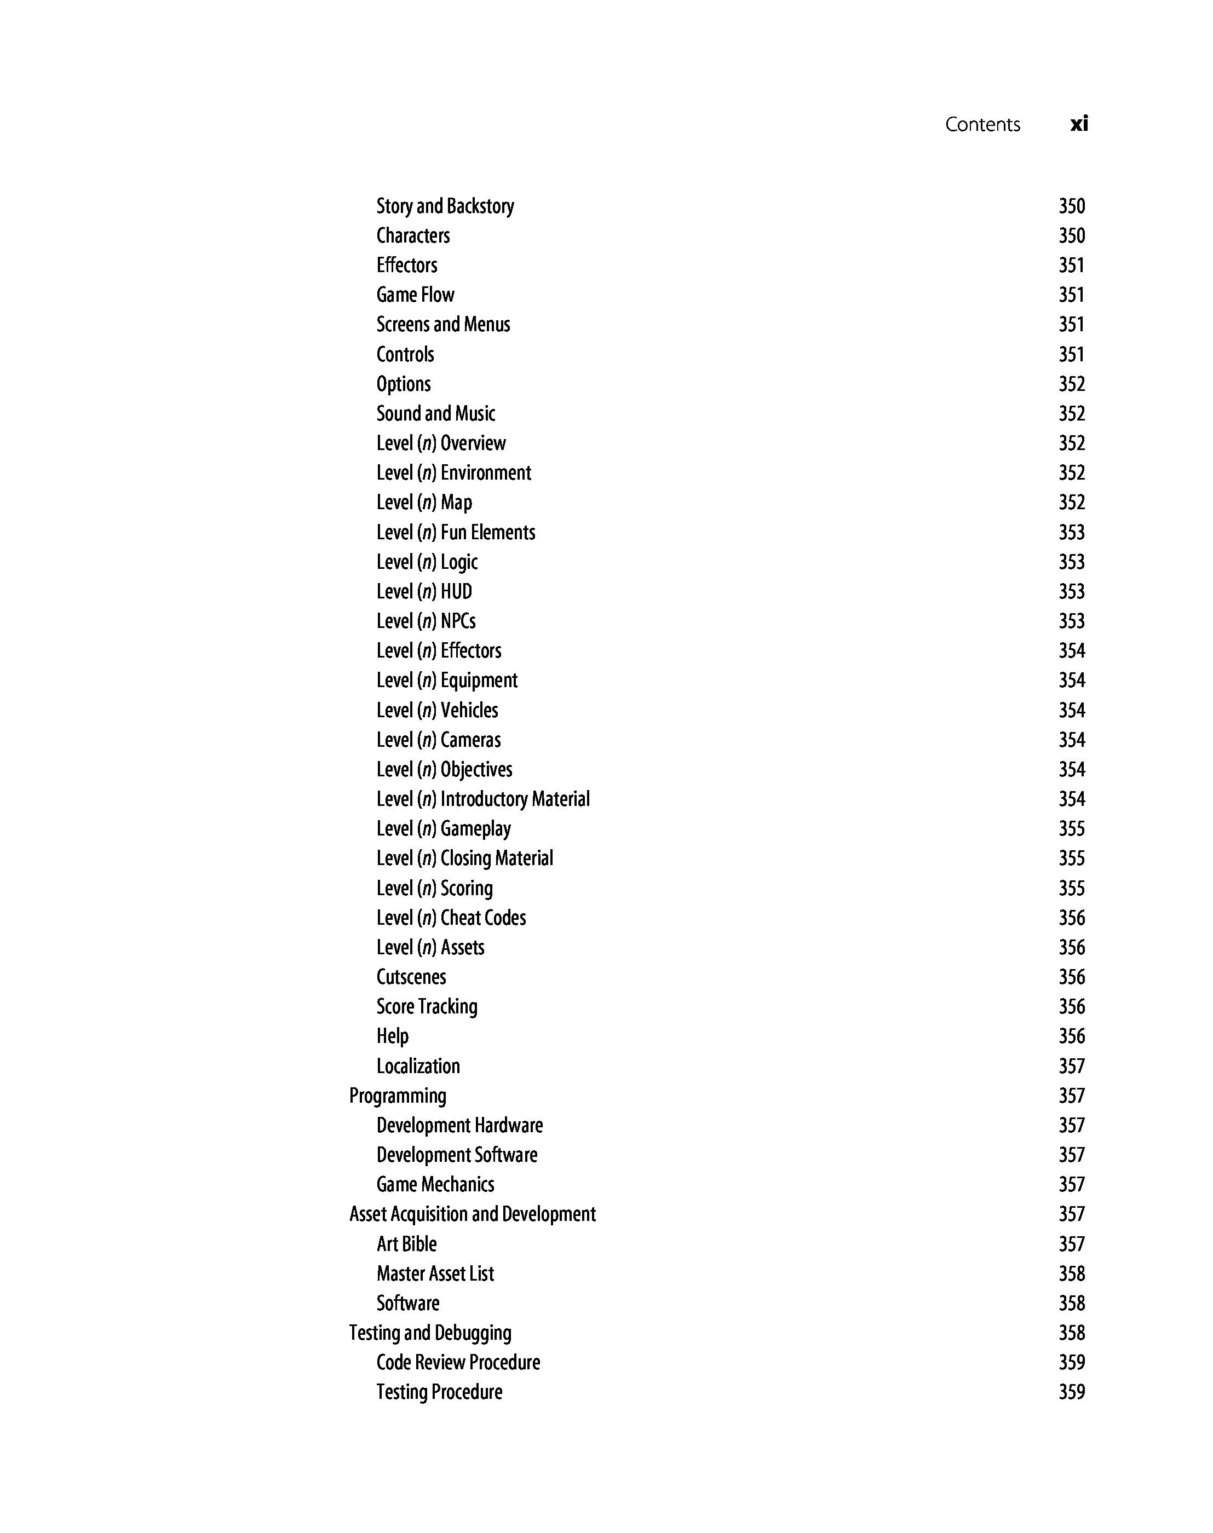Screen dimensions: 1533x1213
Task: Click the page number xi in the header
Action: pyautogui.click(x=1078, y=124)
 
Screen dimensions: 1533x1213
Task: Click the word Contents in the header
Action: pyautogui.click(x=982, y=125)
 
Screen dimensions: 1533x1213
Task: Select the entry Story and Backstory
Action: pyautogui.click(x=445, y=206)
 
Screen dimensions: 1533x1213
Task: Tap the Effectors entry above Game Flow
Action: pyautogui.click(x=406, y=265)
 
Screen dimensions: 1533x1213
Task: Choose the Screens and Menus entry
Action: pyautogui.click(x=442, y=325)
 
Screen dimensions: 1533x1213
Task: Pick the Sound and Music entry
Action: pyautogui.click(x=435, y=413)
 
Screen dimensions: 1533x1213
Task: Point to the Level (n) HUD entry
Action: pyautogui.click(x=424, y=591)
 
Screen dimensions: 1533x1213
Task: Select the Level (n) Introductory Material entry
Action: pyautogui.click(x=483, y=799)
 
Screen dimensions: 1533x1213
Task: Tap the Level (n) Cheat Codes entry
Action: pyautogui.click(x=451, y=918)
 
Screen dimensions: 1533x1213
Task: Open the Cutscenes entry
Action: pyautogui.click(x=411, y=977)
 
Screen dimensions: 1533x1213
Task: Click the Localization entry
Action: pyautogui.click(x=418, y=1066)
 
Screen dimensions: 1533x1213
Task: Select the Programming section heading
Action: pyautogui.click(x=398, y=1096)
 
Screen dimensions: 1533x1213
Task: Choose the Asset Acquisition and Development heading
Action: pyautogui.click(x=472, y=1214)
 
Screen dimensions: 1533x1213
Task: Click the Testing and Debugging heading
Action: pyautogui.click(x=430, y=1333)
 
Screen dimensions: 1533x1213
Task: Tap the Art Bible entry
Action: pyautogui.click(x=406, y=1244)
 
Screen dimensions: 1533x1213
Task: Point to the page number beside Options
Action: pyautogui.click(x=1071, y=384)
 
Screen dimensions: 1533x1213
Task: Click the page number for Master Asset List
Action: pyautogui.click(x=1071, y=1274)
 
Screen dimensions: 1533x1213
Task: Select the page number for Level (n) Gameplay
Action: pyautogui.click(x=1071, y=828)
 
